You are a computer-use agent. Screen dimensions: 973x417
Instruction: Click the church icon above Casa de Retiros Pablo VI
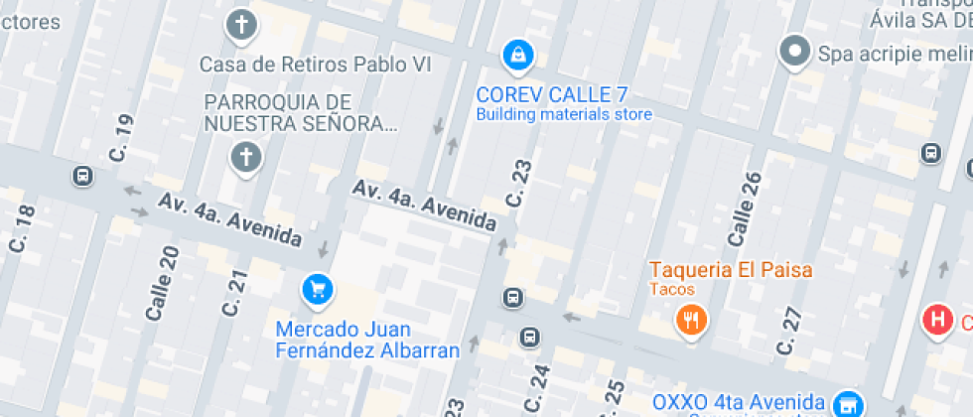click(241, 25)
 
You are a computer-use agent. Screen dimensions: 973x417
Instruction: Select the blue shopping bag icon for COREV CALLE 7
click(517, 56)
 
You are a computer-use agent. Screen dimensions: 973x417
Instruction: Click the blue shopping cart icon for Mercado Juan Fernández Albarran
click(317, 289)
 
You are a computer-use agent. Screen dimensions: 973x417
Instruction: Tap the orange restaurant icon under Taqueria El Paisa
click(690, 319)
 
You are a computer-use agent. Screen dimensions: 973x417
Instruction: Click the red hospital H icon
click(935, 320)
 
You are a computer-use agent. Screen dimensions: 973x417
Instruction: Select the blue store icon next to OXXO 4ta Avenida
click(846, 403)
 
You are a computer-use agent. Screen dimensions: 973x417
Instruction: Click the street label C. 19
click(122, 137)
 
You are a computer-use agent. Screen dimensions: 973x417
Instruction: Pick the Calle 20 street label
click(162, 283)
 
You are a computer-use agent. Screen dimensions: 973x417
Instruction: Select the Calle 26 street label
click(744, 210)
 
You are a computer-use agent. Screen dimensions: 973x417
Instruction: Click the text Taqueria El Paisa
click(731, 269)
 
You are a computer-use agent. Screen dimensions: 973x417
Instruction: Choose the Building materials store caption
click(564, 114)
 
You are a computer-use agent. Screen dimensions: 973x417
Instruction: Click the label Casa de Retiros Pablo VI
click(318, 65)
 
